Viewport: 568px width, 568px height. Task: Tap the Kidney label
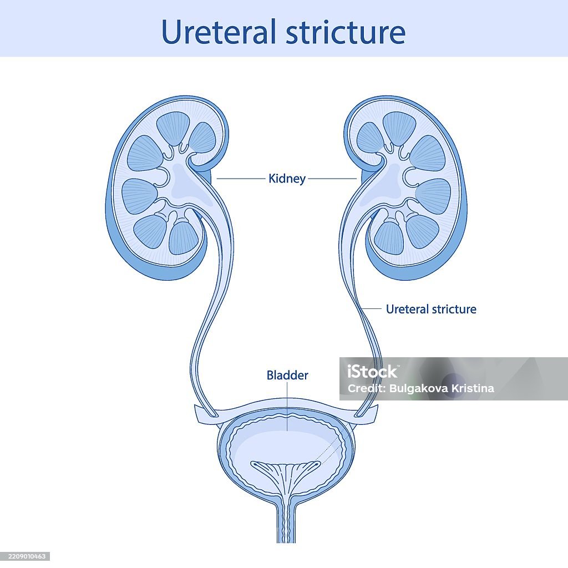[287, 179]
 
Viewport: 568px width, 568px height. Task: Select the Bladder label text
[287, 376]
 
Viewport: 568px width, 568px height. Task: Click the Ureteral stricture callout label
[431, 309]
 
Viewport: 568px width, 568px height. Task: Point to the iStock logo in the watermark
[372, 372]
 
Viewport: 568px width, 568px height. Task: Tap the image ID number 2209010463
[26, 556]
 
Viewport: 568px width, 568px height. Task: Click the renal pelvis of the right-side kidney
[388, 183]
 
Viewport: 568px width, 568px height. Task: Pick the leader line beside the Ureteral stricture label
[373, 309]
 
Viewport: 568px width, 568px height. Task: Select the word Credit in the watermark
[362, 388]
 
